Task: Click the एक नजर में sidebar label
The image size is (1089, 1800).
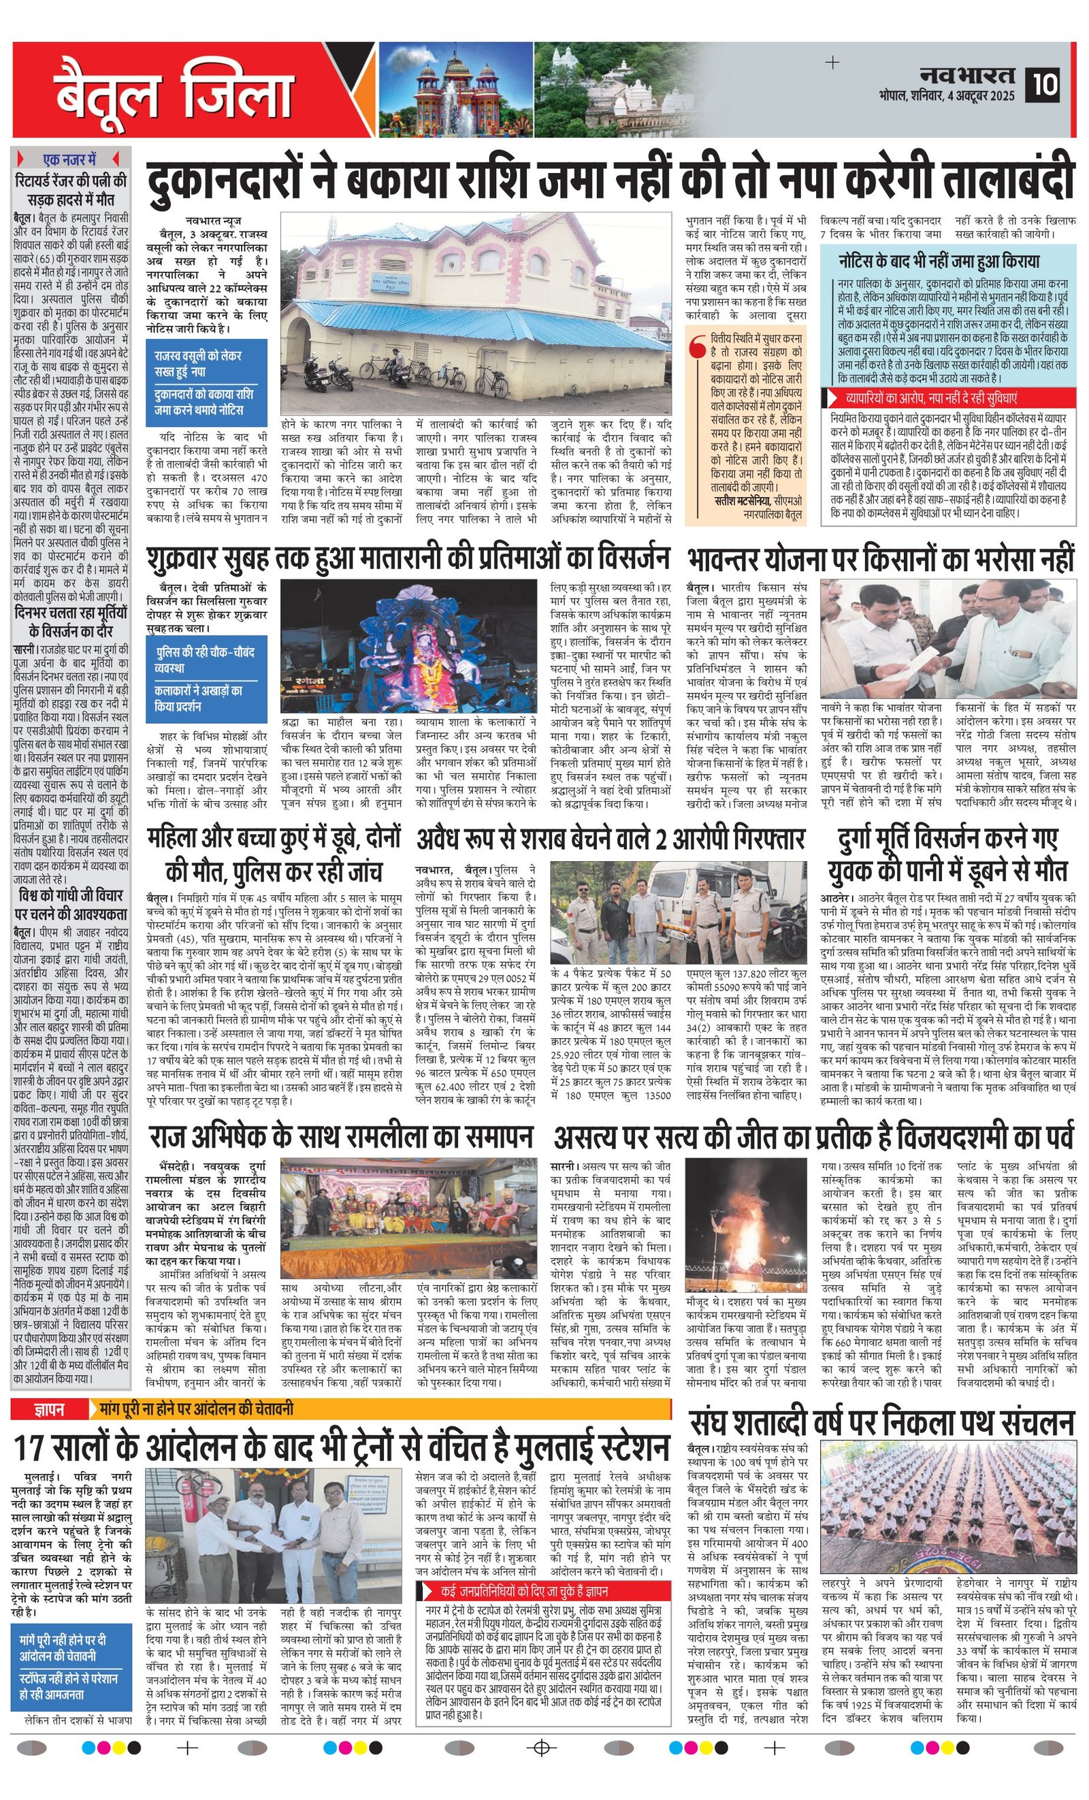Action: click(x=70, y=159)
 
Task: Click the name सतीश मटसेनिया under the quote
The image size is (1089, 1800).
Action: click(x=742, y=500)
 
